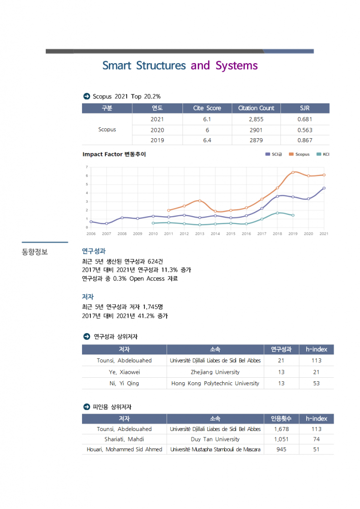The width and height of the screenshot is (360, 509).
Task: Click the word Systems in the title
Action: tap(237, 66)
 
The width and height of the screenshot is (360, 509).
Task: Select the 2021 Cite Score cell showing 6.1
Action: tap(207, 119)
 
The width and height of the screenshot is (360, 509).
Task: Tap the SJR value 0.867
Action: tap(304, 140)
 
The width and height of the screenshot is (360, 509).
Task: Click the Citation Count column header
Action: tap(256, 108)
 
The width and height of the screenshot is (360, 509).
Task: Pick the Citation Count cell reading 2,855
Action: tap(256, 119)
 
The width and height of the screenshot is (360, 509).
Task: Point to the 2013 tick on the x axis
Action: tap(199, 233)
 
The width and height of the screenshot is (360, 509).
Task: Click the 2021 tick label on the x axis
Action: tap(324, 233)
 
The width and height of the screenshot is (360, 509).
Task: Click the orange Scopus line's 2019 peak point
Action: tap(293, 172)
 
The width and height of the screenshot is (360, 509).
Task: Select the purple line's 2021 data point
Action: tap(324, 188)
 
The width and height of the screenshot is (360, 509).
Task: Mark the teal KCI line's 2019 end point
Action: tap(293, 215)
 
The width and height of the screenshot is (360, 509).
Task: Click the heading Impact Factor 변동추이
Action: tap(114, 154)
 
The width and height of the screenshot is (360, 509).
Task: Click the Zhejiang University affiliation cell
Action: tap(215, 372)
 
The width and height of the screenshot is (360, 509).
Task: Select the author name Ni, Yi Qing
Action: tap(124, 383)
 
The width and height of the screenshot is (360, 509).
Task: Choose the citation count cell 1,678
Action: tap(281, 428)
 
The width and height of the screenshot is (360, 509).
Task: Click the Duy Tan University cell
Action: tap(215, 439)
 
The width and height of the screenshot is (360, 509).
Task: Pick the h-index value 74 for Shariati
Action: tap(316, 439)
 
